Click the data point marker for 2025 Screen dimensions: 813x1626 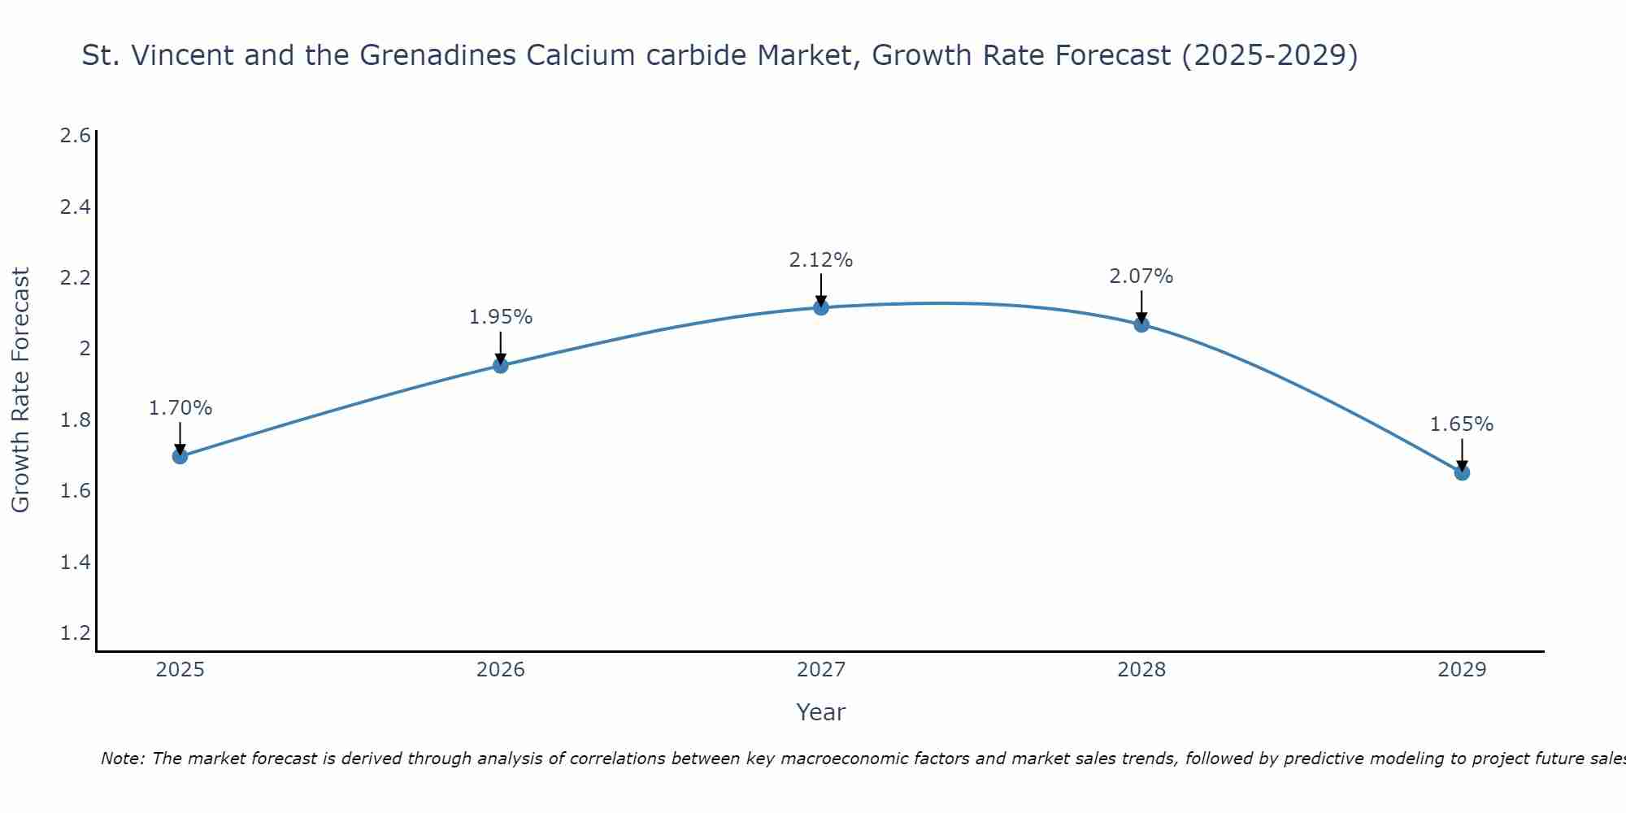point(180,456)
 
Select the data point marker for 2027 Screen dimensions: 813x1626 point(820,307)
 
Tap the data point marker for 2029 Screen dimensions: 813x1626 point(1462,472)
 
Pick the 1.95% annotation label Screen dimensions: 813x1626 point(500,317)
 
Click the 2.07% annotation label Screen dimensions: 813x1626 point(1141,276)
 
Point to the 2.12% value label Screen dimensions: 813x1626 point(820,260)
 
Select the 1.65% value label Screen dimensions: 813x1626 point(1461,424)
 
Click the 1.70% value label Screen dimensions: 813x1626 point(180,408)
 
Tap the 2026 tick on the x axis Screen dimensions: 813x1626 point(500,670)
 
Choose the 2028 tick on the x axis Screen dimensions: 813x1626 point(1141,670)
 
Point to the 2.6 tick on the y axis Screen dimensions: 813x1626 point(75,136)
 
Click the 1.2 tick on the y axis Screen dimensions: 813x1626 point(75,633)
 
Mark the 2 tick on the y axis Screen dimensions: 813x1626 point(84,349)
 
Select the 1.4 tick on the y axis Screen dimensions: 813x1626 point(75,563)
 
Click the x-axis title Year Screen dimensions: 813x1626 point(820,712)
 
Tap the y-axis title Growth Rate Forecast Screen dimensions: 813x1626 point(20,390)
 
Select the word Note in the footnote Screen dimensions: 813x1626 point(121,759)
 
